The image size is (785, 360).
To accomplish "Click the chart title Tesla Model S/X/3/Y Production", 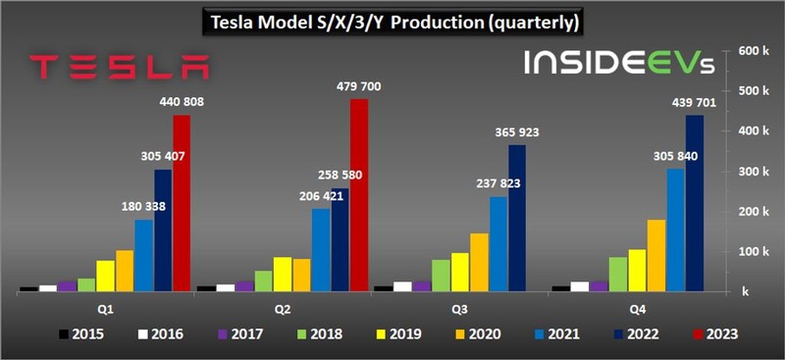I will pyautogui.click(x=392, y=21).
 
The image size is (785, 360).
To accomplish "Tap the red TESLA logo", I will pyautogui.click(x=119, y=67).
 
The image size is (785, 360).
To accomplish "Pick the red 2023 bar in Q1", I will pyautogui.click(x=182, y=203).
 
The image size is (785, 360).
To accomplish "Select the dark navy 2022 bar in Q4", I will pyautogui.click(x=695, y=203).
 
